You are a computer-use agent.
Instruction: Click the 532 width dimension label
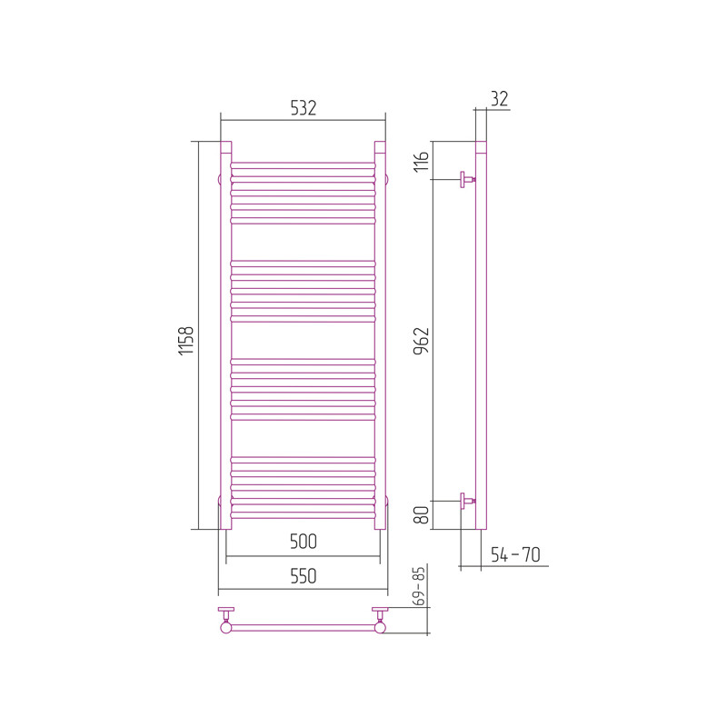[x=304, y=107]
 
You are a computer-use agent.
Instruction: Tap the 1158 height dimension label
[x=186, y=341]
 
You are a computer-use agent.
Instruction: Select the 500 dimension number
[x=304, y=541]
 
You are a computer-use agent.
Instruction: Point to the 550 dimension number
[x=304, y=576]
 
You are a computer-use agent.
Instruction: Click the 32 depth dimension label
[x=499, y=99]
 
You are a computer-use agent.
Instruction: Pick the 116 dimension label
[x=422, y=162]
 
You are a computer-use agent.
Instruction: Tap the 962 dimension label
[x=422, y=341]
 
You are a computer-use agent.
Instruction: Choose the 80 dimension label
[x=422, y=514]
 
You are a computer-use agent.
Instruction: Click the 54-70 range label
[x=515, y=554]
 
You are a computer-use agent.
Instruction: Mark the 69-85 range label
[x=419, y=586]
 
